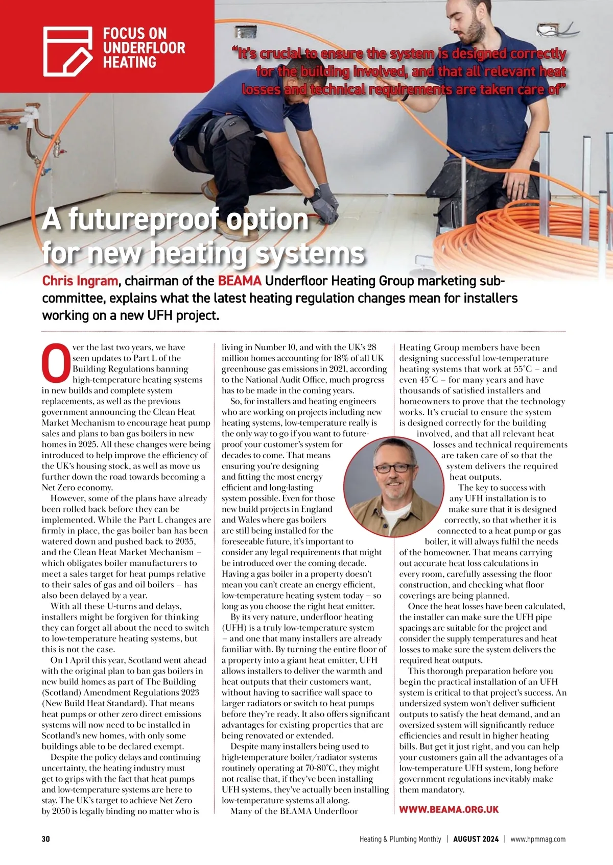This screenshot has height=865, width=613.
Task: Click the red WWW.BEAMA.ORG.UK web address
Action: [449, 809]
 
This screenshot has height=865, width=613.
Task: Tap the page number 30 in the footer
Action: [46, 839]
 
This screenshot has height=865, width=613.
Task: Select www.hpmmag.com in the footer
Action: [538, 839]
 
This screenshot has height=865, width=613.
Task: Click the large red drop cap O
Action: [55, 362]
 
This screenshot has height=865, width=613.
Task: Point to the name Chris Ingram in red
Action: [80, 281]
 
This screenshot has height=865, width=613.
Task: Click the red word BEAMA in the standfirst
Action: [240, 281]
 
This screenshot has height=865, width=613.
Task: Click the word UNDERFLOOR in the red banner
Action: [144, 48]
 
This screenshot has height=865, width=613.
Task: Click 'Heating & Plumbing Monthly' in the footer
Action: [400, 839]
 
